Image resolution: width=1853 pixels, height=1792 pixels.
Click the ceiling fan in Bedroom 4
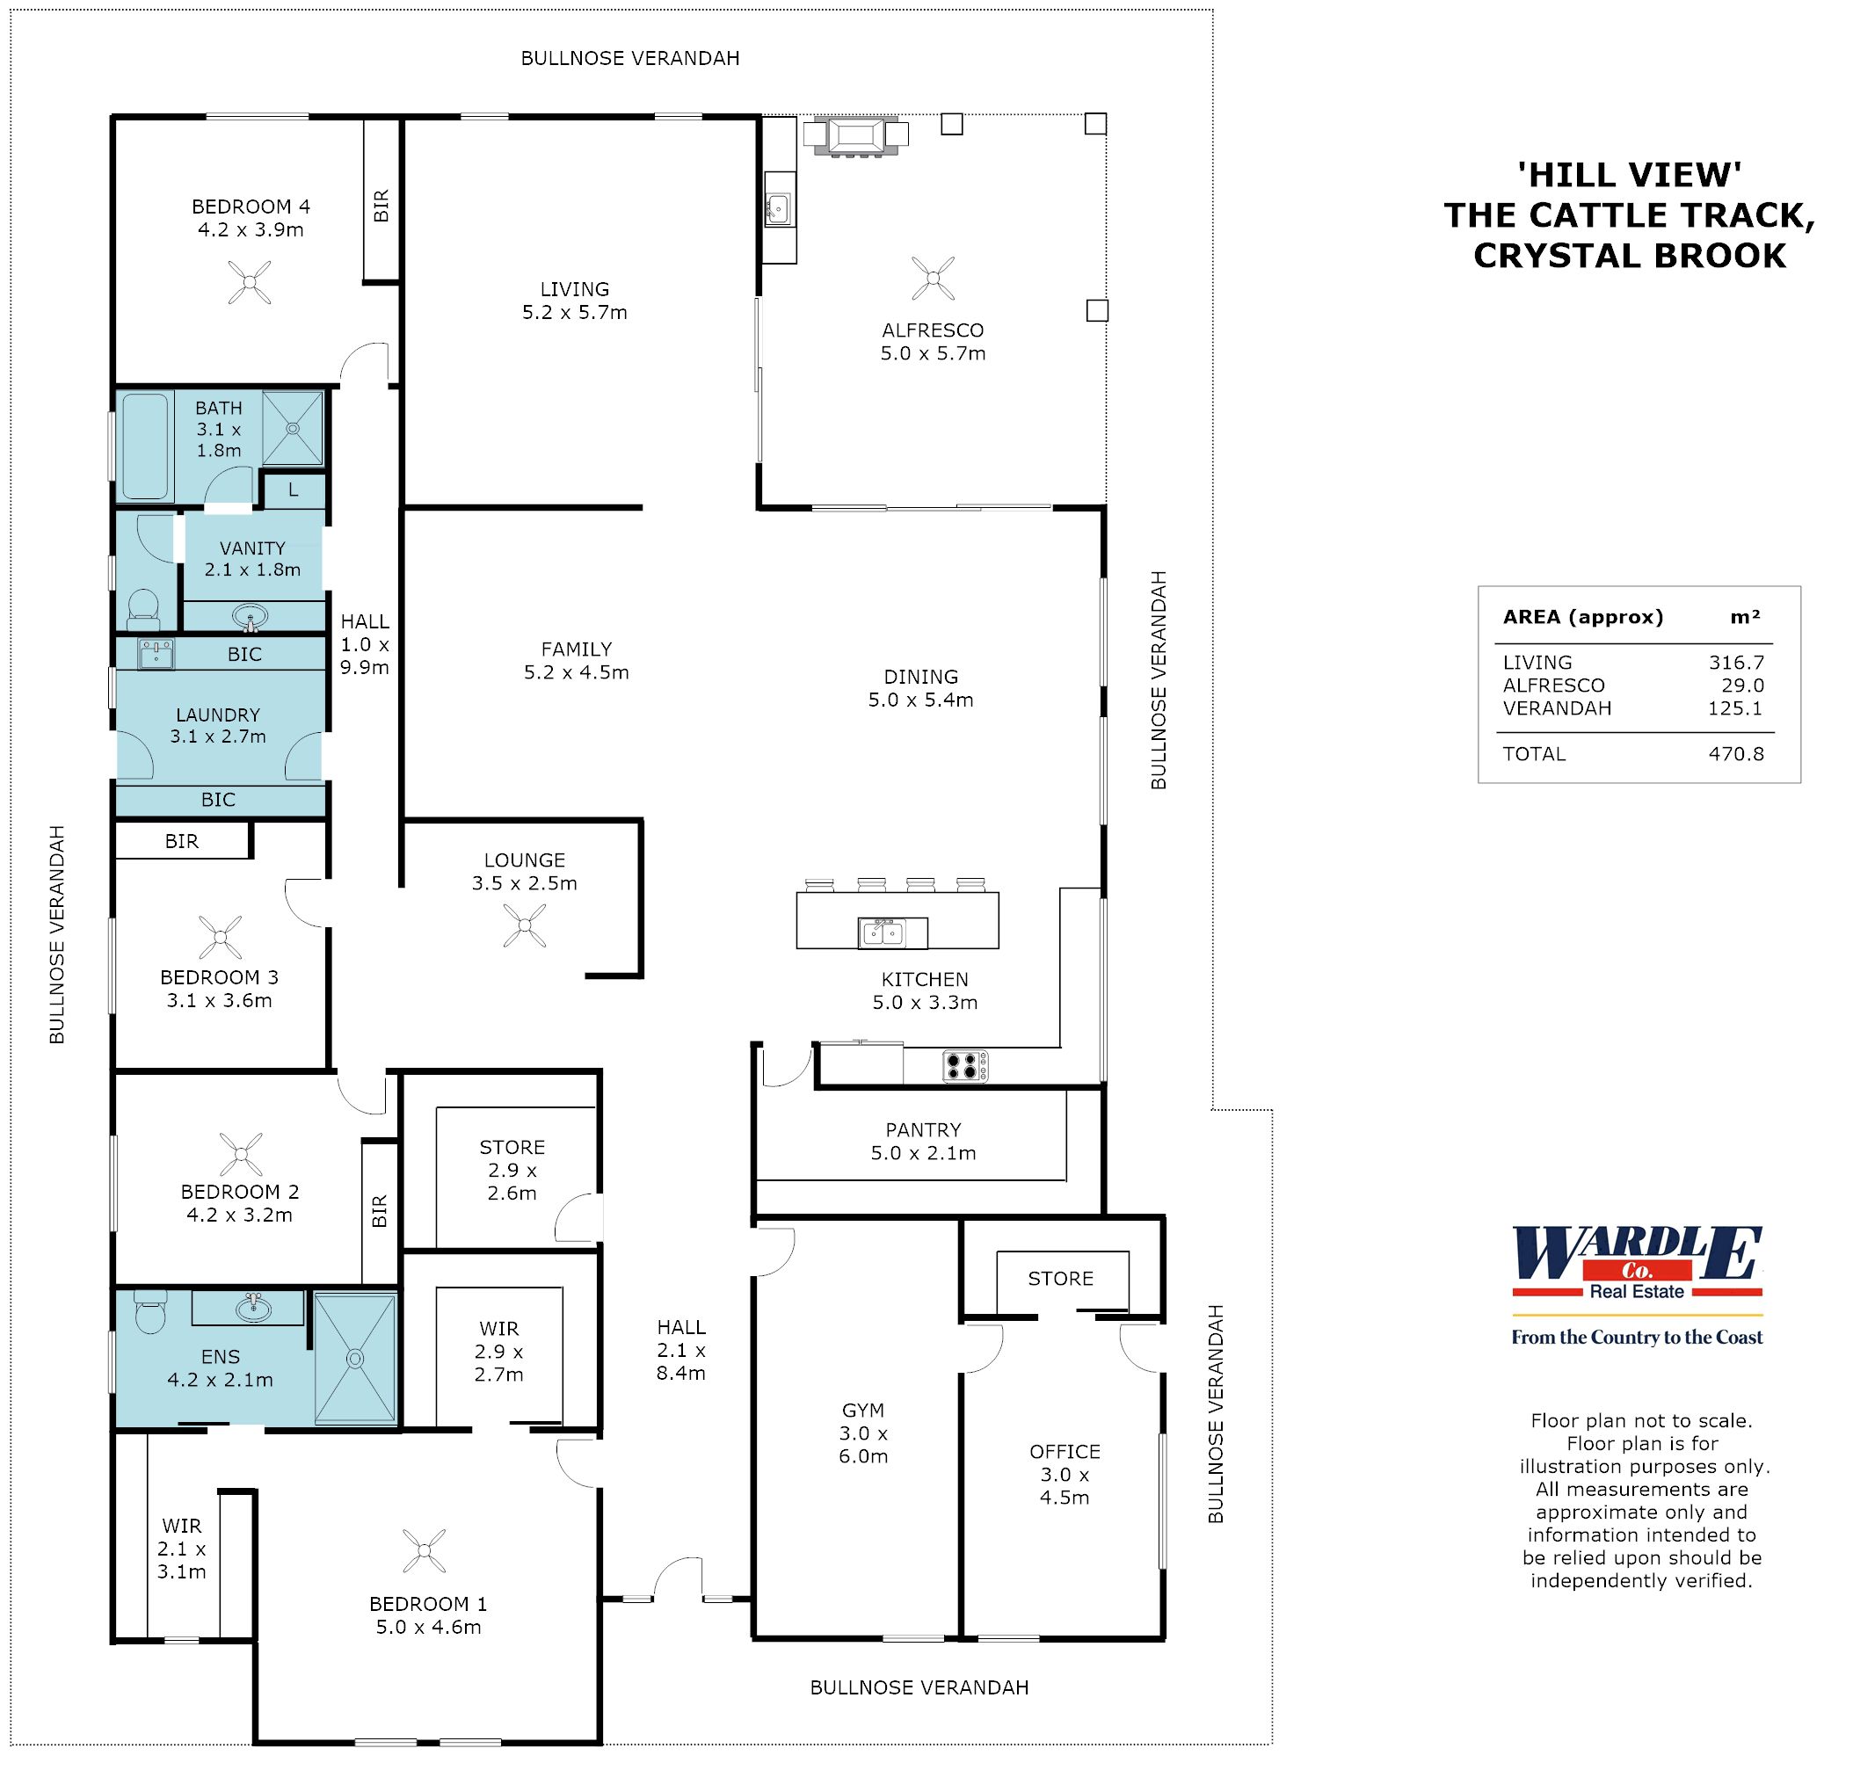coord(250,281)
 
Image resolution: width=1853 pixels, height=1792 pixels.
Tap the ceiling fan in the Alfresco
coord(934,278)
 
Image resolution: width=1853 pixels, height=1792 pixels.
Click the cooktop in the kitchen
coord(965,1066)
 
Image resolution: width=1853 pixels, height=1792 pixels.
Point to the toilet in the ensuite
coord(150,1313)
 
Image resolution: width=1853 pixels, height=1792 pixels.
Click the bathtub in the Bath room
coord(145,446)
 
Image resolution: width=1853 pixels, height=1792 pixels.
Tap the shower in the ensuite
coord(354,1359)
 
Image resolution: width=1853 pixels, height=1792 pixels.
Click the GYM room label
coord(863,1411)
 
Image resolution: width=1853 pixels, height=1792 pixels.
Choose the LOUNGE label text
coord(525,860)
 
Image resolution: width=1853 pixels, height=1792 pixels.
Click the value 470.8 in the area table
coord(1736,753)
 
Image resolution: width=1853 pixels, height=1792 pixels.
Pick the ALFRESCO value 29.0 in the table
coord(1742,686)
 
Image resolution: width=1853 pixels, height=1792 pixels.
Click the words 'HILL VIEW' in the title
coord(1629,175)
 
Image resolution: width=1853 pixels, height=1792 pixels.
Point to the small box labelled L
coord(294,490)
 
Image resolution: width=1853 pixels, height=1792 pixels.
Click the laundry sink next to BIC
coord(156,653)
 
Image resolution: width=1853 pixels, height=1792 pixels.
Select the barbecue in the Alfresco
coord(855,135)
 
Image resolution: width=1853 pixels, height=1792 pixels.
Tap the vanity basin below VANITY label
coord(250,618)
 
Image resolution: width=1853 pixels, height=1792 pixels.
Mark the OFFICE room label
coord(1065,1452)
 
